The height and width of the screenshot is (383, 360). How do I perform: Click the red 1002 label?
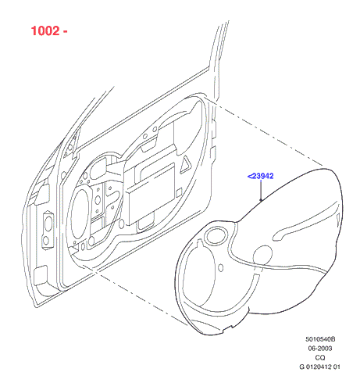(45, 30)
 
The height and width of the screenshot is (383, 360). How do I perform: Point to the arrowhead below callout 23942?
(261, 199)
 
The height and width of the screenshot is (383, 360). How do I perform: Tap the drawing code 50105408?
(320, 339)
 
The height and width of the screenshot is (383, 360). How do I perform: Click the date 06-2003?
(320, 349)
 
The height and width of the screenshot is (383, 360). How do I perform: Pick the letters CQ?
(320, 357)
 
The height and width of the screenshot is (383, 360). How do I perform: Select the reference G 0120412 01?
(319, 367)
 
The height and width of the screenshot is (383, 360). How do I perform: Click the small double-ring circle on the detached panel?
(216, 235)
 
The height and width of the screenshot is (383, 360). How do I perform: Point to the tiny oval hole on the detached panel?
(221, 267)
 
